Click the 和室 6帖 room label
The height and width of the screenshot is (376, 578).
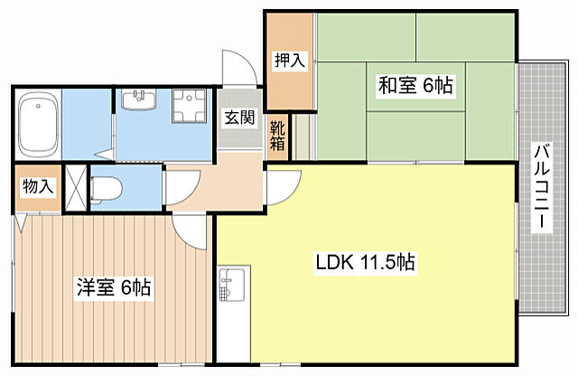coord(415,86)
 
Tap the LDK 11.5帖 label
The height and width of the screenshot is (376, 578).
coord(365,264)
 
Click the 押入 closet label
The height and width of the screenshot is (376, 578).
coord(290,61)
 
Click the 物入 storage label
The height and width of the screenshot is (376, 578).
coord(37,187)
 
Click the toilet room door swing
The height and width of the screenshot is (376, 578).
coord(177,187)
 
